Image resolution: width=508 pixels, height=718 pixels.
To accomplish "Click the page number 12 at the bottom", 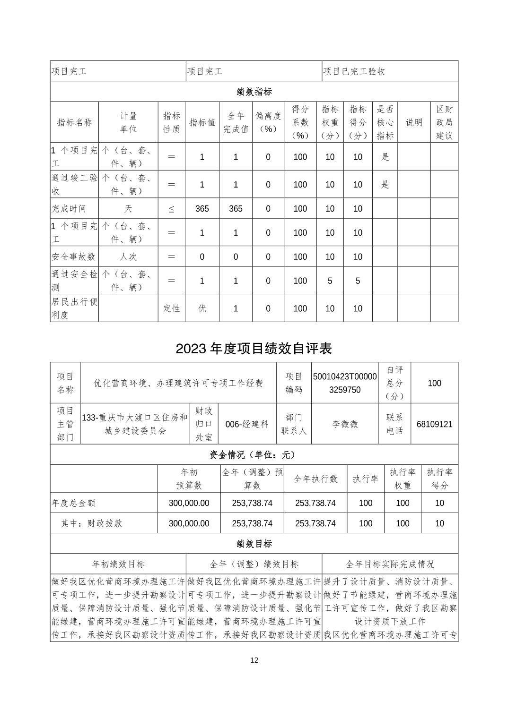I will click(254, 660).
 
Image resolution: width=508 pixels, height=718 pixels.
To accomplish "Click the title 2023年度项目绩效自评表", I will click(254, 349).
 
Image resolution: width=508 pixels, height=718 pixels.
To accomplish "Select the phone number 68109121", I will click(434, 424).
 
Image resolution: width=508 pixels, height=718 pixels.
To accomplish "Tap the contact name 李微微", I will click(345, 424).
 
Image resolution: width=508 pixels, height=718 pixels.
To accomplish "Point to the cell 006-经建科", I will click(247, 424).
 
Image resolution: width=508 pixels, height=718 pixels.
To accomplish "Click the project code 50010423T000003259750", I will click(345, 383).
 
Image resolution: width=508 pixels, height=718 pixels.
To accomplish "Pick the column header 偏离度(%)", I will click(268, 122).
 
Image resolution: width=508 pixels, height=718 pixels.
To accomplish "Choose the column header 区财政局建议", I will click(444, 122).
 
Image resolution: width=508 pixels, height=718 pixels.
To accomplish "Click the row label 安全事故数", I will click(74, 256).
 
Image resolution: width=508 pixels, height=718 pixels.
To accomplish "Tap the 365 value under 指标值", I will click(202, 209).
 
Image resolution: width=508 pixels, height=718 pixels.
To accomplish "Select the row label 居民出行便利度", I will click(74, 308).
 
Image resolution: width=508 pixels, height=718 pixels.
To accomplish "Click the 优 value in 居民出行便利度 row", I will click(202, 308).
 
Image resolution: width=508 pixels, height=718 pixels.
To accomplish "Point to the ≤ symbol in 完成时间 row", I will click(171, 209).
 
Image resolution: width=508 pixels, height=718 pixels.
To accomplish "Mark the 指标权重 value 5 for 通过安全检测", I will click(330, 281).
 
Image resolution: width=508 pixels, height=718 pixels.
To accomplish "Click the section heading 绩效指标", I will click(254, 92).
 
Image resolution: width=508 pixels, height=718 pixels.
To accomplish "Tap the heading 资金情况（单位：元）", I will click(254, 455).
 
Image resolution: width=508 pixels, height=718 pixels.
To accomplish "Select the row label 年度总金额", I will click(74, 503).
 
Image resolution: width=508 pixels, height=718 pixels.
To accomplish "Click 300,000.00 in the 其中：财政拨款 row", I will click(189, 523).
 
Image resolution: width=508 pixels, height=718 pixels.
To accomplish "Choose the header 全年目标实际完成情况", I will click(390, 564).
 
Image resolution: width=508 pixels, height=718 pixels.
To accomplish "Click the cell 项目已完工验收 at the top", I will click(354, 71).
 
